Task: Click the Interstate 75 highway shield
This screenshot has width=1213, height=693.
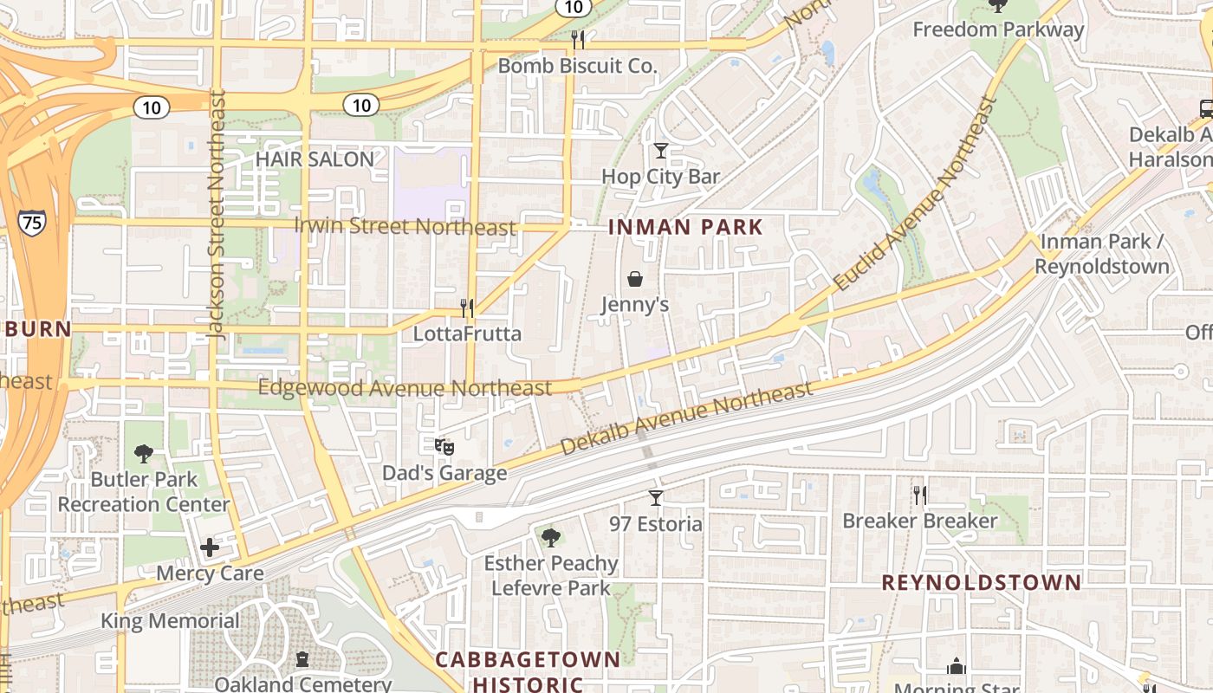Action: point(31,222)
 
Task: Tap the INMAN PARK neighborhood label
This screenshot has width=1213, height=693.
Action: point(685,228)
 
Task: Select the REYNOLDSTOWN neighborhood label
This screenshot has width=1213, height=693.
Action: point(982,582)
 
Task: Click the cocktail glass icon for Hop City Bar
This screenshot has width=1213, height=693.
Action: point(661,151)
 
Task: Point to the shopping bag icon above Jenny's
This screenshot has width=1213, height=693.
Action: point(635,279)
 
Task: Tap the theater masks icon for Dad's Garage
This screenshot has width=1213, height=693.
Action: point(444,447)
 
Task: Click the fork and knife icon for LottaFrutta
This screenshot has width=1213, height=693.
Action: point(467,308)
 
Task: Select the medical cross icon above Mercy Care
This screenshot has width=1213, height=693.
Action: point(209,547)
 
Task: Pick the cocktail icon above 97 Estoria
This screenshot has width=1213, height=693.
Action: point(656,498)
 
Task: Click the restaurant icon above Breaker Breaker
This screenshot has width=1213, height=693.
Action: point(920,495)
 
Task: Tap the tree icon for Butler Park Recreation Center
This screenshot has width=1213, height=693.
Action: point(144,453)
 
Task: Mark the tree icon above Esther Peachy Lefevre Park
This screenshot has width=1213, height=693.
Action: point(550,538)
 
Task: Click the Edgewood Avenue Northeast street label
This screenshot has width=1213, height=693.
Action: point(405,388)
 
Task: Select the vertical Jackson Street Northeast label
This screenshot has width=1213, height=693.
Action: point(217,215)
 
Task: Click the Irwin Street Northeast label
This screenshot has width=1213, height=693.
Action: point(405,227)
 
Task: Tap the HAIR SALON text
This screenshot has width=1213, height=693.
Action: point(315,159)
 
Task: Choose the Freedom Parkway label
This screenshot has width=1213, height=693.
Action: point(998,29)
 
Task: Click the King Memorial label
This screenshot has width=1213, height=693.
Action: point(170,621)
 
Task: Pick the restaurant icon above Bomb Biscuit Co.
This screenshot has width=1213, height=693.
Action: point(578,40)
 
